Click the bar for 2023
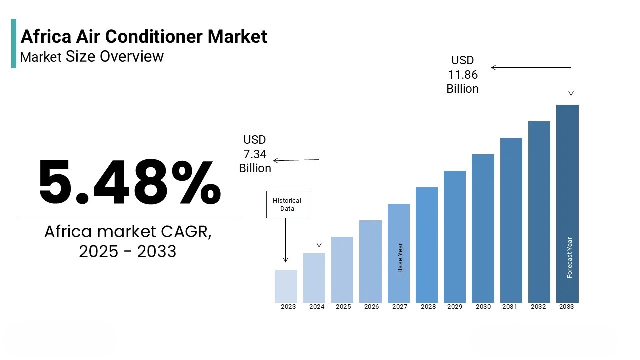point(286,286)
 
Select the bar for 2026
point(370,261)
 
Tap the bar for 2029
point(455,236)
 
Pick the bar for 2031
point(511,220)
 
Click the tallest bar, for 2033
point(567,203)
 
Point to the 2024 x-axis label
point(317,307)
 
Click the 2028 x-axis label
point(428,307)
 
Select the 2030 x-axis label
point(483,307)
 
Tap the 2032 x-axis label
point(538,307)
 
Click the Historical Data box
point(287,204)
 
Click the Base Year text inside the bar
point(400,258)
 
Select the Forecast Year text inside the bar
point(569,257)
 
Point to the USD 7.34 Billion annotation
point(255,154)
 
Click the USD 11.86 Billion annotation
point(462,75)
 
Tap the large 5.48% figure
point(129,182)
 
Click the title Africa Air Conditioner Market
point(144,36)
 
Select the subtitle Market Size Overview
point(92,56)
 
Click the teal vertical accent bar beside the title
point(14,43)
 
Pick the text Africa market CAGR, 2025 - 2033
point(128,241)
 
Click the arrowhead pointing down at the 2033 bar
point(571,93)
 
